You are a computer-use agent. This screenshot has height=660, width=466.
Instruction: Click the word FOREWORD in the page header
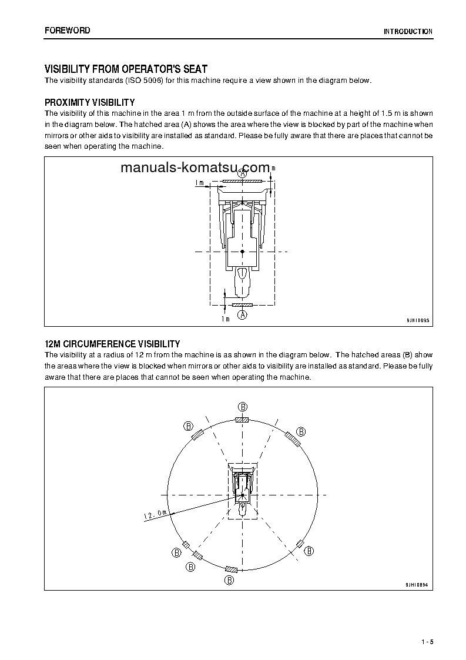pos(67,30)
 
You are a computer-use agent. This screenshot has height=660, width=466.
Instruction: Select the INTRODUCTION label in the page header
pos(408,32)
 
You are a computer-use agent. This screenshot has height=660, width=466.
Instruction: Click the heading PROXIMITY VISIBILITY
pos(89,102)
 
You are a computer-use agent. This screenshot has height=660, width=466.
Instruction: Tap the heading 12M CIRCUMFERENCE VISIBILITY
pos(112,344)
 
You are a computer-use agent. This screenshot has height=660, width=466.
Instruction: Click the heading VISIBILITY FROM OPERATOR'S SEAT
pos(126,69)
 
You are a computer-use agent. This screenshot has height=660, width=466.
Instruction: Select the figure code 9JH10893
pos(418,320)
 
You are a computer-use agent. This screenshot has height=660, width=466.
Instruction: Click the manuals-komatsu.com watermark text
pos(195,167)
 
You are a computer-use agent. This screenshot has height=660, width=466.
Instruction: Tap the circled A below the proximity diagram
pos(242,316)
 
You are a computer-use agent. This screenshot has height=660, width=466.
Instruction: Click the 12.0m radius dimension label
pos(155,515)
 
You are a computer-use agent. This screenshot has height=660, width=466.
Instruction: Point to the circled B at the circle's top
pos(242,406)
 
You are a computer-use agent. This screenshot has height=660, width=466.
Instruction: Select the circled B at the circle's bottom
pos(230,580)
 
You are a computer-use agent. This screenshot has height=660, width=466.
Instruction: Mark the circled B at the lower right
pos(310,551)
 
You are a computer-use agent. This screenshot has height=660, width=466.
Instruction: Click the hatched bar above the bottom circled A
pos(242,306)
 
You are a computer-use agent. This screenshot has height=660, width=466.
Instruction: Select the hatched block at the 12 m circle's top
pos(242,420)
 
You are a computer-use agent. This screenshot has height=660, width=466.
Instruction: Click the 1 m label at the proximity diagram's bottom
pos(225,319)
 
